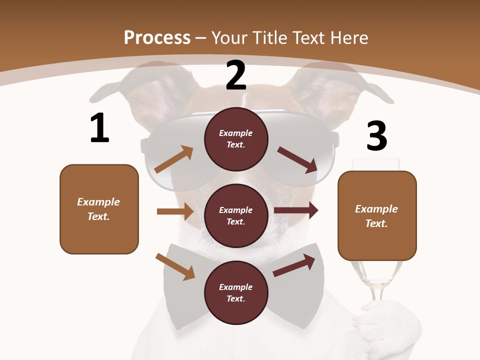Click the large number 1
(99, 128)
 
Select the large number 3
(376, 136)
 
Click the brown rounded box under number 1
(99, 209)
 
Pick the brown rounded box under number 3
(377, 215)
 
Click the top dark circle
(236, 138)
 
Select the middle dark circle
(236, 215)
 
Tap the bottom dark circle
(236, 292)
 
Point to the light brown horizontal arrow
(175, 211)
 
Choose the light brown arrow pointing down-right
(175, 266)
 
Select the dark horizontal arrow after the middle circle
(296, 210)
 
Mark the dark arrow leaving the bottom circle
(294, 265)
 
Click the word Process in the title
(157, 37)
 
